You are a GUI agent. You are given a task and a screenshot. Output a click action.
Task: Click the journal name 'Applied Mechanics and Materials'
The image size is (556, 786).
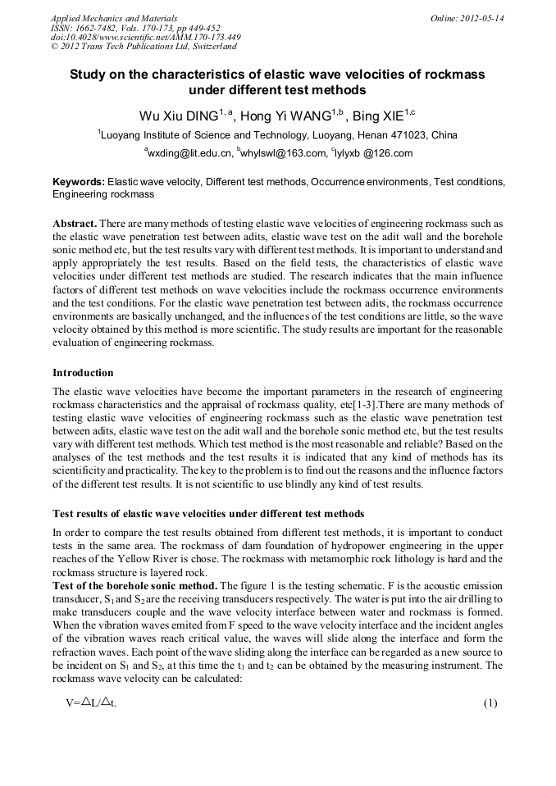pyautogui.click(x=112, y=18)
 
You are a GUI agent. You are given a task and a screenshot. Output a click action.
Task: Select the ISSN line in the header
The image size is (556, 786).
pyautogui.click(x=132, y=28)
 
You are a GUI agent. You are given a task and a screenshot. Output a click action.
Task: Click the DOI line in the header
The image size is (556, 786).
pyautogui.click(x=146, y=37)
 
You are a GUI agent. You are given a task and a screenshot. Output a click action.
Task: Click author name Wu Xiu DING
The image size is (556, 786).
pyautogui.click(x=175, y=115)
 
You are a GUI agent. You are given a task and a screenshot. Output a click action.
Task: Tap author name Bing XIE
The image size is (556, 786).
pyautogui.click(x=379, y=115)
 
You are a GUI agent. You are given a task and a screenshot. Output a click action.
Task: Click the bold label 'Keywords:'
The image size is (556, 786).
pyautogui.click(x=79, y=181)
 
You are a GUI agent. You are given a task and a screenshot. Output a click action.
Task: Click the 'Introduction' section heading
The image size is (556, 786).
pyautogui.click(x=83, y=373)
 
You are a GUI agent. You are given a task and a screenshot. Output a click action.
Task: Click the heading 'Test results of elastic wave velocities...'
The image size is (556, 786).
pyautogui.click(x=208, y=515)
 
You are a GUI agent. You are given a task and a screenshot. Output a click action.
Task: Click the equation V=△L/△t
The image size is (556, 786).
pyautogui.click(x=92, y=703)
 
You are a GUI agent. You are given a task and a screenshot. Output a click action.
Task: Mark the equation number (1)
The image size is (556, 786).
pyautogui.click(x=490, y=703)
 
